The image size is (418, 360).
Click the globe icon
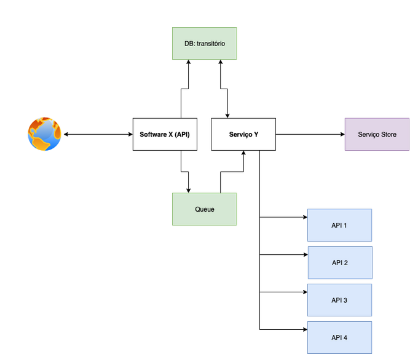coord(44,134)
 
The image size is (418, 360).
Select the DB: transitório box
coord(205,43)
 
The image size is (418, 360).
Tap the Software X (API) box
coord(165,134)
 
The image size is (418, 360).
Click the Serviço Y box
coord(243,134)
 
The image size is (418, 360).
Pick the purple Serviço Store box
coord(377,134)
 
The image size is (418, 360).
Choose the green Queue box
coord(205,209)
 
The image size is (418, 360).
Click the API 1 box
coord(339,225)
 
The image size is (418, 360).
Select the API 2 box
coord(340,263)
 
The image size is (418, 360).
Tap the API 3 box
coord(339,300)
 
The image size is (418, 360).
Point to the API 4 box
coord(339,338)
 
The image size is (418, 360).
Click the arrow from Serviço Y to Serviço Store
coord(310,134)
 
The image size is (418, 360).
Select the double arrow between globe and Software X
coord(98,134)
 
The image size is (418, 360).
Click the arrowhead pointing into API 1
coord(306,217)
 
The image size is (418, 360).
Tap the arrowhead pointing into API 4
coord(306,330)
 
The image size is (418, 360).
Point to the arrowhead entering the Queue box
coord(189,191)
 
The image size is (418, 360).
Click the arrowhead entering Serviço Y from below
coord(243,153)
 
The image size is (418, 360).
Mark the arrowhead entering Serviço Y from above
coord(227,116)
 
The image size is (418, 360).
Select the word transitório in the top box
coord(211,43)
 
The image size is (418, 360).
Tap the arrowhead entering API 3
coord(306,292)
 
